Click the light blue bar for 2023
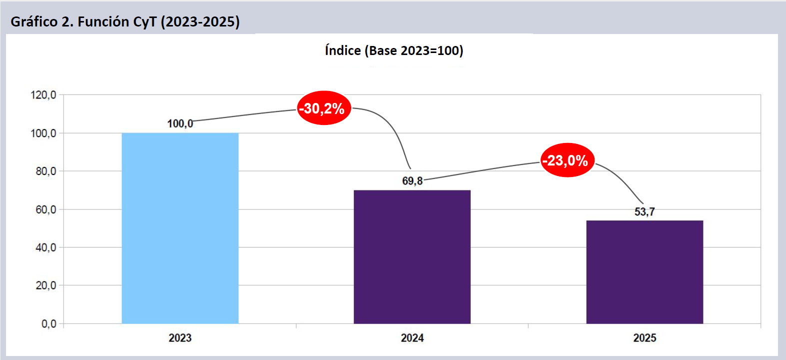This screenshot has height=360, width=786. click(180, 228)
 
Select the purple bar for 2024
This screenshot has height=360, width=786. click(412, 256)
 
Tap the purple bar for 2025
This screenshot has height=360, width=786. click(645, 272)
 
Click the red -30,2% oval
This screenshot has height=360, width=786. click(324, 108)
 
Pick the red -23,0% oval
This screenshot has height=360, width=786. click(567, 160)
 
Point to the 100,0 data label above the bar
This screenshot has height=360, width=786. click(180, 123)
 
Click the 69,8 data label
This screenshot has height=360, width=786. click(412, 180)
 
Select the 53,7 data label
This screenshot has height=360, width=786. click(645, 211)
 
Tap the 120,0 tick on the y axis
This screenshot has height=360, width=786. click(43, 95)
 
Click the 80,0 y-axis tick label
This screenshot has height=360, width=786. click(45, 171)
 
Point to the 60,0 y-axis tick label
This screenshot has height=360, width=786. click(45, 209)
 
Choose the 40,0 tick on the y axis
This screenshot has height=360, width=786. click(45, 247)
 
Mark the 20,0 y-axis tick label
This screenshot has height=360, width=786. click(45, 285)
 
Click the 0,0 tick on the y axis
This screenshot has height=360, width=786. click(48, 324)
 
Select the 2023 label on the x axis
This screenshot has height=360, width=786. click(180, 338)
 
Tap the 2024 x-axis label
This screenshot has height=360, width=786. click(412, 338)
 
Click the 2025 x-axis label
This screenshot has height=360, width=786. click(645, 338)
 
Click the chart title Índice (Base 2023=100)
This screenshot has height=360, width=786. click(394, 50)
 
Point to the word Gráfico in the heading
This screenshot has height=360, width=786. click(34, 22)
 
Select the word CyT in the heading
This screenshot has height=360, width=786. click(144, 22)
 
